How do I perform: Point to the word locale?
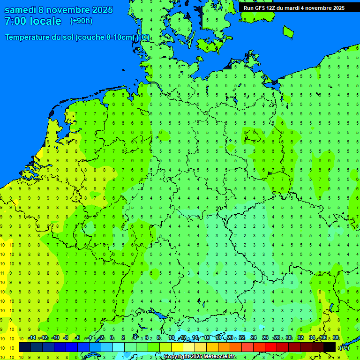(x=45, y=21)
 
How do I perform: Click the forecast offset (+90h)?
(x=81, y=21)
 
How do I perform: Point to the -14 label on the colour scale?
(x=32, y=338)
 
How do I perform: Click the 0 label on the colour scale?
(x=112, y=338)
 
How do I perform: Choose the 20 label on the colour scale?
(x=230, y=338)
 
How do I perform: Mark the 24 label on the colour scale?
(x=254, y=338)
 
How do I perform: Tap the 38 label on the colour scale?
(x=336, y=338)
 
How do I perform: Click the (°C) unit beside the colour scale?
(x=344, y=347)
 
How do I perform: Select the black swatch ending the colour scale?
(x=330, y=347)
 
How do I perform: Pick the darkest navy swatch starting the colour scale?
(x=24, y=347)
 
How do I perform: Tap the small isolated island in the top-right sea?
(x=288, y=31)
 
